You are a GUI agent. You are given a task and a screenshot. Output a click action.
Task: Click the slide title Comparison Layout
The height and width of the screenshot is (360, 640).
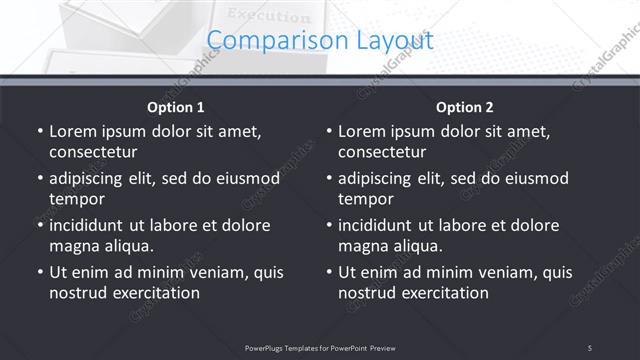[320, 41]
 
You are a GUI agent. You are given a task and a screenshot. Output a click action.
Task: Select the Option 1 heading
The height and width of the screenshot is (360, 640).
[176, 107]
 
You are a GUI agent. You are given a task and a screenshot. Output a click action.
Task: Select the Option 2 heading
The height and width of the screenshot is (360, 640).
[465, 107]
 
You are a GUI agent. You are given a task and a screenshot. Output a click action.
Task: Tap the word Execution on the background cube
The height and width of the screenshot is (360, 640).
[269, 15]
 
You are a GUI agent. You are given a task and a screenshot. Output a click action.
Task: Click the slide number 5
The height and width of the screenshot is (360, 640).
[590, 347]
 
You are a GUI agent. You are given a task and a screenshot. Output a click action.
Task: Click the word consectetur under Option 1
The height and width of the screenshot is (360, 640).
[93, 153]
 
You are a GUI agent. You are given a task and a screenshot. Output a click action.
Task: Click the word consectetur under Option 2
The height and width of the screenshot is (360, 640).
[382, 153]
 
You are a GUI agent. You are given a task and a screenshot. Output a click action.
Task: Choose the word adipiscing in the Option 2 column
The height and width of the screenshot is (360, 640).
[377, 178]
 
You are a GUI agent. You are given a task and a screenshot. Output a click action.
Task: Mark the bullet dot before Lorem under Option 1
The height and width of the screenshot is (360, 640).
[39, 131]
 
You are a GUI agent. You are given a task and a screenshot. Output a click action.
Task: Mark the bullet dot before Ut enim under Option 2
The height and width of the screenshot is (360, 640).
[328, 272]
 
